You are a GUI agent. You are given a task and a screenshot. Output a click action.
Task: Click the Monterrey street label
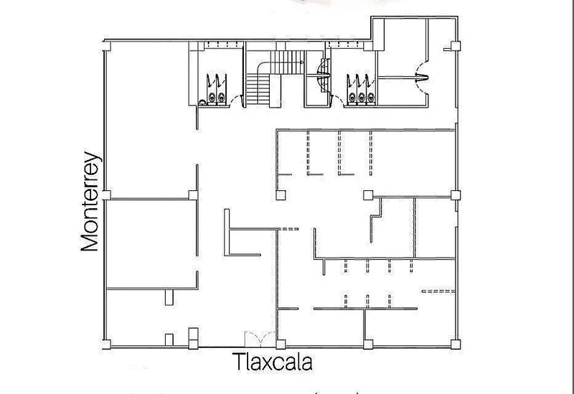click(90, 202)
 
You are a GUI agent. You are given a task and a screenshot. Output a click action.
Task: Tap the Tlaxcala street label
click(272, 362)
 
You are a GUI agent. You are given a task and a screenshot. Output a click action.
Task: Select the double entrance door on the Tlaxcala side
click(260, 339)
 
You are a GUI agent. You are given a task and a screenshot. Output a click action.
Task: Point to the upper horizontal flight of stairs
click(287, 62)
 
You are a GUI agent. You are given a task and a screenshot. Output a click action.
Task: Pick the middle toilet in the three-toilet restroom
click(362, 97)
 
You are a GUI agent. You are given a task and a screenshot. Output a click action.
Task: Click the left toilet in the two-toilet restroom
click(212, 98)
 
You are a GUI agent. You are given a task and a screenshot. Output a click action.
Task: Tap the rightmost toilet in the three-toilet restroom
click(371, 97)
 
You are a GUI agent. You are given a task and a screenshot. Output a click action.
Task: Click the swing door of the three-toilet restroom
click(336, 99)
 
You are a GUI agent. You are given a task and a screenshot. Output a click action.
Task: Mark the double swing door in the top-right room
click(422, 78)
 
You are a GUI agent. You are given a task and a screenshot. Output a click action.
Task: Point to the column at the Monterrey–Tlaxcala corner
click(106, 344)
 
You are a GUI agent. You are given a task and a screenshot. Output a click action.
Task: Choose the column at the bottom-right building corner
click(456, 344)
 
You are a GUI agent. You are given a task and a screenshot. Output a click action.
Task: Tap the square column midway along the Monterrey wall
click(106, 194)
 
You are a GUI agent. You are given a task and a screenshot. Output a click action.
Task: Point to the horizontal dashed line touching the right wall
click(438, 291)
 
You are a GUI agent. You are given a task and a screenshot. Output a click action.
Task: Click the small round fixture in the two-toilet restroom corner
click(202, 102)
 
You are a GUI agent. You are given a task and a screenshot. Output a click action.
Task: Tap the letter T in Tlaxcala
click(237, 362)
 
